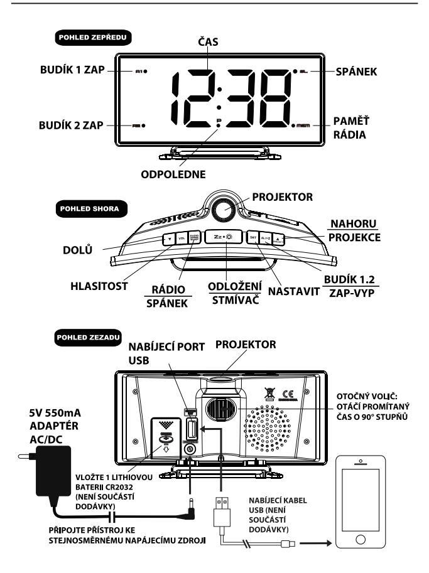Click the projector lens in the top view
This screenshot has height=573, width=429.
224,210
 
